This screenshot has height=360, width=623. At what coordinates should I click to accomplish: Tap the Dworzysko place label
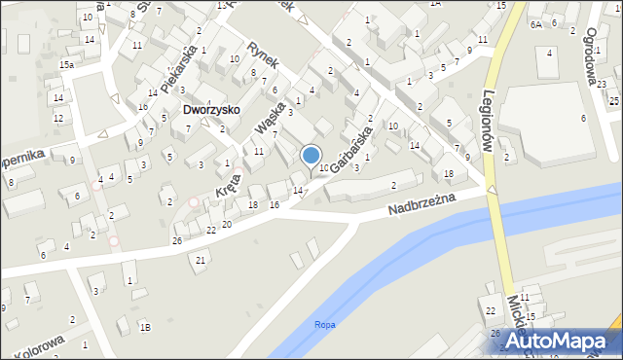[211, 110]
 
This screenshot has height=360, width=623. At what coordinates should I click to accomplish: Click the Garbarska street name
[352, 148]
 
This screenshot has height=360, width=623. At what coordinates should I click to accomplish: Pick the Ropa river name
[325, 325]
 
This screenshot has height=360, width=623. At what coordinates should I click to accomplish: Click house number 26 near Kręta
[177, 240]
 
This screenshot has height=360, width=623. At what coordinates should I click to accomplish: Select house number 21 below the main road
[201, 260]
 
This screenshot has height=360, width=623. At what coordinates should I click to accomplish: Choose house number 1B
[145, 328]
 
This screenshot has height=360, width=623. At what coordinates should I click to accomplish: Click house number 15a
[66, 64]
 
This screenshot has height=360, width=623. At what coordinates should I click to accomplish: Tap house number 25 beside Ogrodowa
[614, 86]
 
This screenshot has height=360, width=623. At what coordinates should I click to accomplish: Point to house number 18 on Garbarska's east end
[448, 173]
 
